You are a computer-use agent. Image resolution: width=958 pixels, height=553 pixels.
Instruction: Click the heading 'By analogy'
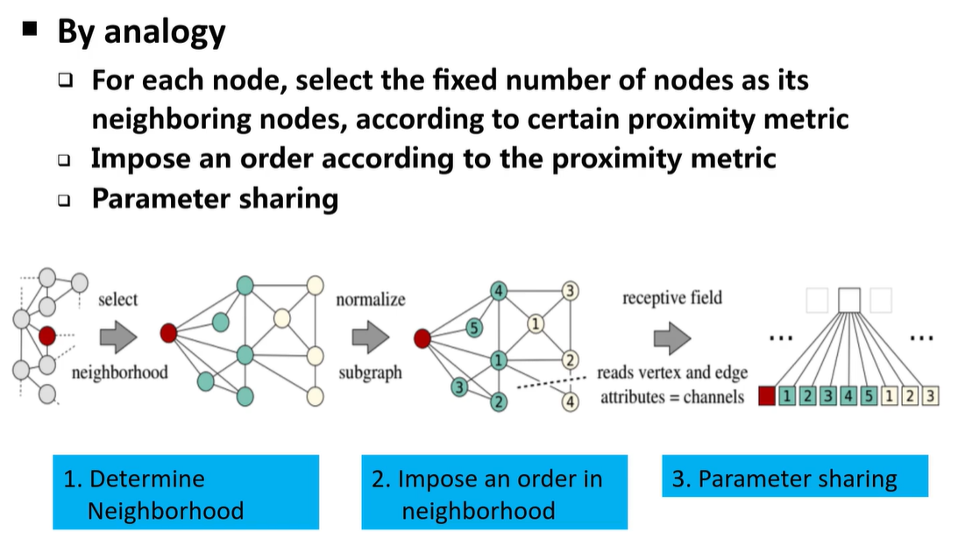point(141,32)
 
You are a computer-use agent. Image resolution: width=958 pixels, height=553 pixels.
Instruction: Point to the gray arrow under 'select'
point(118,336)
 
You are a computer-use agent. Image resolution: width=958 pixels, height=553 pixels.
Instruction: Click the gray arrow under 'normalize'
point(371,336)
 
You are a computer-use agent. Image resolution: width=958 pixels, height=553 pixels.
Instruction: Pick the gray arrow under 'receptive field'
point(672,336)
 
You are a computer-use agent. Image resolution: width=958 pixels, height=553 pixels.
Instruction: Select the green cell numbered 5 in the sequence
point(868,396)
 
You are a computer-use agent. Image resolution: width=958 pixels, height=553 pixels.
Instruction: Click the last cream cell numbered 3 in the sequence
point(930,396)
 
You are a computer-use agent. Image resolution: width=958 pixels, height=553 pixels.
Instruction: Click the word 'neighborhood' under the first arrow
point(119,372)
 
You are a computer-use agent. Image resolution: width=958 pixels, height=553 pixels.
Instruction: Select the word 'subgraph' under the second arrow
point(370,372)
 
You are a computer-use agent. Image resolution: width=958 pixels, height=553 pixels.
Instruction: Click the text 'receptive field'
point(672,298)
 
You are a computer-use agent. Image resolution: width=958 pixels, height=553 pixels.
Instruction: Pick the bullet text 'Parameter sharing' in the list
point(215,198)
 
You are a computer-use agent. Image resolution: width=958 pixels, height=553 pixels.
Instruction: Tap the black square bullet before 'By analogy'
point(31,29)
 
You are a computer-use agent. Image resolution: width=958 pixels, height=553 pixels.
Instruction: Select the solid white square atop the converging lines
point(848,301)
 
